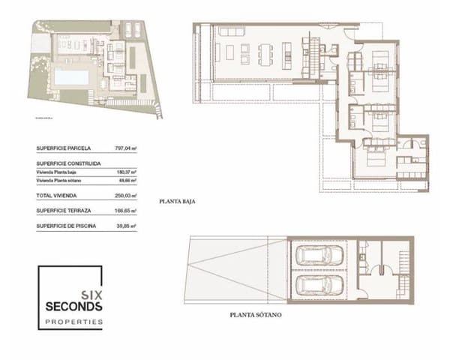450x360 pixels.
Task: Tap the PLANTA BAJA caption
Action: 178,202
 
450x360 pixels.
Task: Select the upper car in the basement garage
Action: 320,255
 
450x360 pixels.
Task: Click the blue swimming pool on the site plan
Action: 70,76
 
